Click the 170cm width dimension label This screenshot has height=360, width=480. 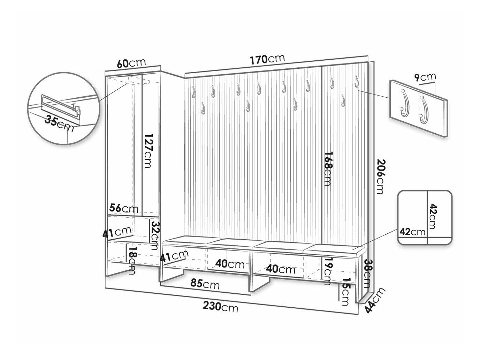coord(267,59)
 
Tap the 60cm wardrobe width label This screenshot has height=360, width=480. coord(131,63)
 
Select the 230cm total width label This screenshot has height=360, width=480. coord(220,306)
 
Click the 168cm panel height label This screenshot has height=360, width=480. coord(328,169)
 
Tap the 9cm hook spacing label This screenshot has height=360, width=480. coord(425,77)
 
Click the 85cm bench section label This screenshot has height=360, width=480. coord(205,284)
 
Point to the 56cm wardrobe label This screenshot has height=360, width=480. coord(124,208)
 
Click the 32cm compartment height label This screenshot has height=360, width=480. coord(155,235)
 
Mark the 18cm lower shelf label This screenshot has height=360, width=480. coord(131,261)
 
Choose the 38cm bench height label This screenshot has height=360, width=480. coord(367,274)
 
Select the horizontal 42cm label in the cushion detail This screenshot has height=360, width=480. coord(412,232)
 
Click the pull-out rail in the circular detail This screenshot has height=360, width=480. coord(61,105)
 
